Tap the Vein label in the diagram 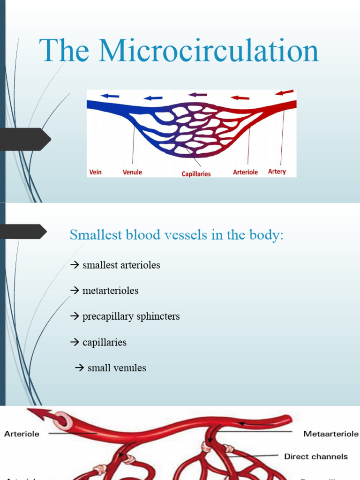pos(95,172)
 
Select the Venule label pos(132,172)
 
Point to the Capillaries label pos(196,174)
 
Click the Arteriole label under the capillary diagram pos(245,172)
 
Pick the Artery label pos(277,172)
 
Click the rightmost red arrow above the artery pos(285,92)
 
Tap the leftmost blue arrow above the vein pos(110,96)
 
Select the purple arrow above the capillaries pos(198,95)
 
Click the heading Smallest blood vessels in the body pos(177,235)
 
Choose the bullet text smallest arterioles pos(121,265)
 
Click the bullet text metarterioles pos(110,291)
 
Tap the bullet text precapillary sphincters pos(131,316)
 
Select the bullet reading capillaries pos(104,342)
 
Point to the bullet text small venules pos(117,368)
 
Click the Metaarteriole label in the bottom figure pos(331,434)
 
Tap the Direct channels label pos(316,456)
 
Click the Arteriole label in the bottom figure pos(22,434)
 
